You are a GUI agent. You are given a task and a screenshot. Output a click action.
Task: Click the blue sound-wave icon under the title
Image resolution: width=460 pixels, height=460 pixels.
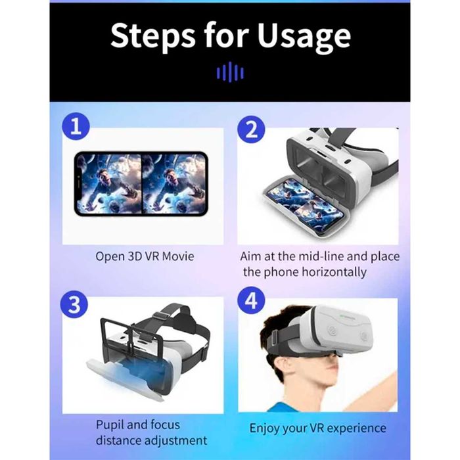coord(230,73)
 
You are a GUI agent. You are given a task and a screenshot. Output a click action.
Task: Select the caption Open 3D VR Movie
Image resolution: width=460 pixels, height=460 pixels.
coord(145,256)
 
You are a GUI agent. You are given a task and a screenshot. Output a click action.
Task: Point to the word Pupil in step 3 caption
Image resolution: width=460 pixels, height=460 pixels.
coord(111,425)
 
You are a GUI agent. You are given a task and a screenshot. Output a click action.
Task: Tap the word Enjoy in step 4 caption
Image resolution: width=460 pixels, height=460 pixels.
coord(265,428)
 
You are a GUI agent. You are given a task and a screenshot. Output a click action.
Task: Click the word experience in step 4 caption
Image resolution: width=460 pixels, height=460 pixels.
coord(354,428)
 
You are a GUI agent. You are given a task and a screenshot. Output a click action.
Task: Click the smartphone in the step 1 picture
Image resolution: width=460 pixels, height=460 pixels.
coord(141,184)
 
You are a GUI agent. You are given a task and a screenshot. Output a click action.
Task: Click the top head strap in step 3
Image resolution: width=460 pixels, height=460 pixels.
coord(168,315)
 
